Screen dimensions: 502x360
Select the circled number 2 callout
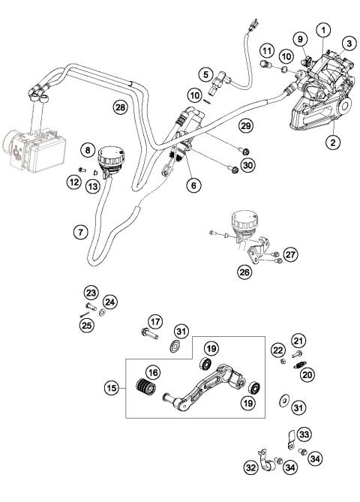click(x=331, y=140)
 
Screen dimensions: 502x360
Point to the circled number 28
click(x=119, y=108)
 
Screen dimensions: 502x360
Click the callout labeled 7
click(x=80, y=232)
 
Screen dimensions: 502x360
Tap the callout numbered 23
click(x=91, y=293)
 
